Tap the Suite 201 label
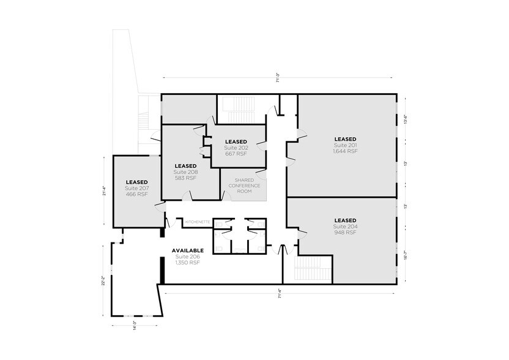(345, 145)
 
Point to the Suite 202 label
(236, 148)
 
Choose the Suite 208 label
(185, 172)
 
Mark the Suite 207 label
(136, 188)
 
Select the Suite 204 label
(345, 227)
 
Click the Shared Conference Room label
(244, 186)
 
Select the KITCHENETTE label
(198, 221)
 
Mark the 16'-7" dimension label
(405, 254)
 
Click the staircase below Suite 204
(313, 269)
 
